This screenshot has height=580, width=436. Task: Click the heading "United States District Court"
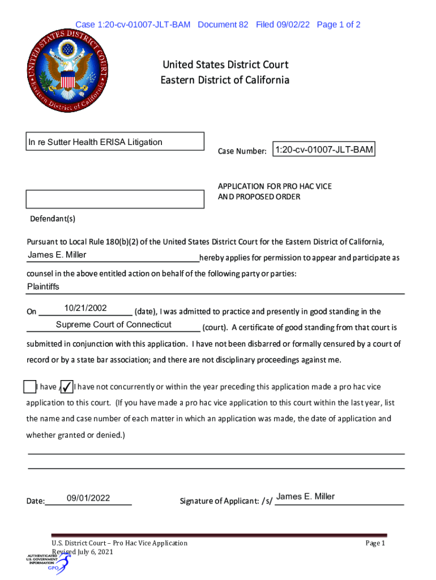pos(225,65)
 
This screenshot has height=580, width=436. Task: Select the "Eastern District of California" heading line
pos(225,80)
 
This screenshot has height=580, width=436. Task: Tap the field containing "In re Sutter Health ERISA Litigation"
pos(116,142)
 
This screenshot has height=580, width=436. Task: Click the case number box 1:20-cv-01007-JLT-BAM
pos(324,150)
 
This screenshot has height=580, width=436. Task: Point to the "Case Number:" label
pos(242,151)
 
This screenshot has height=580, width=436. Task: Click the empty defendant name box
pos(116,199)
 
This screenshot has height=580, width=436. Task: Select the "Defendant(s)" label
pos(53,219)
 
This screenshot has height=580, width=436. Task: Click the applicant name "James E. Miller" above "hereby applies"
pos(57,255)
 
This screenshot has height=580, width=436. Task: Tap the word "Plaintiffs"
pos(43,287)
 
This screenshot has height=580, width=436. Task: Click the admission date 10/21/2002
pos(86,308)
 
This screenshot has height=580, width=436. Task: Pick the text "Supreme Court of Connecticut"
pos(113,325)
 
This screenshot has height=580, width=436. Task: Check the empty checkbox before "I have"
pos(29,387)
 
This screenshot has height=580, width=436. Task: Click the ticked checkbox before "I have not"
pos(66,387)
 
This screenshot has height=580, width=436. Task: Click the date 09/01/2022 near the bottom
pos(88,498)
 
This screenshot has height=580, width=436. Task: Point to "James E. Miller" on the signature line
pos(305,497)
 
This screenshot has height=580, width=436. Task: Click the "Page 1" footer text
pos(375,543)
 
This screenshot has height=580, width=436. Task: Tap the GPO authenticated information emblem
pos(48,561)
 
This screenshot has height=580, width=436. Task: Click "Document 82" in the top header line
pos(223,24)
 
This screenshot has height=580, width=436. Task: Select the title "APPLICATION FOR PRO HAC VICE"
pos(275,186)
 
